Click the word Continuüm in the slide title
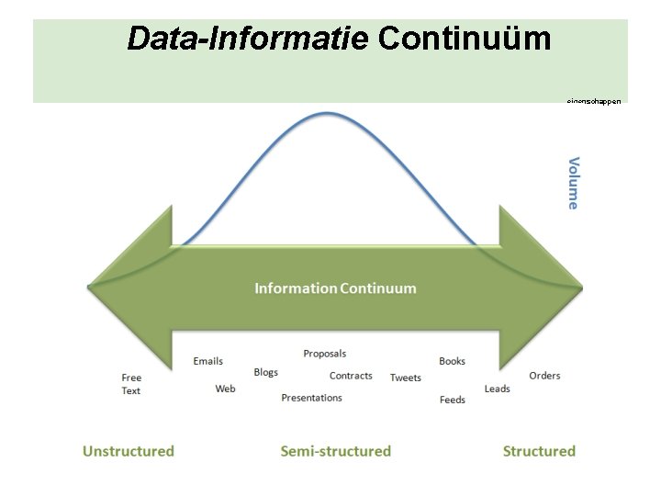465,39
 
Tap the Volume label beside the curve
574,183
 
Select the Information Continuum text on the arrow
335,288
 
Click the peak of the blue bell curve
327,113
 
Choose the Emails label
208,361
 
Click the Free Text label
131,384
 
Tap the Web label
225,389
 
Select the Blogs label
265,372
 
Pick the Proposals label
325,354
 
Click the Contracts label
351,376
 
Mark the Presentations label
311,398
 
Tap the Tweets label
406,378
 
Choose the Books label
452,361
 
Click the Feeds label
453,400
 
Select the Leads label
497,389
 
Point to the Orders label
544,376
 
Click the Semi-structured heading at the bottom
335,451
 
